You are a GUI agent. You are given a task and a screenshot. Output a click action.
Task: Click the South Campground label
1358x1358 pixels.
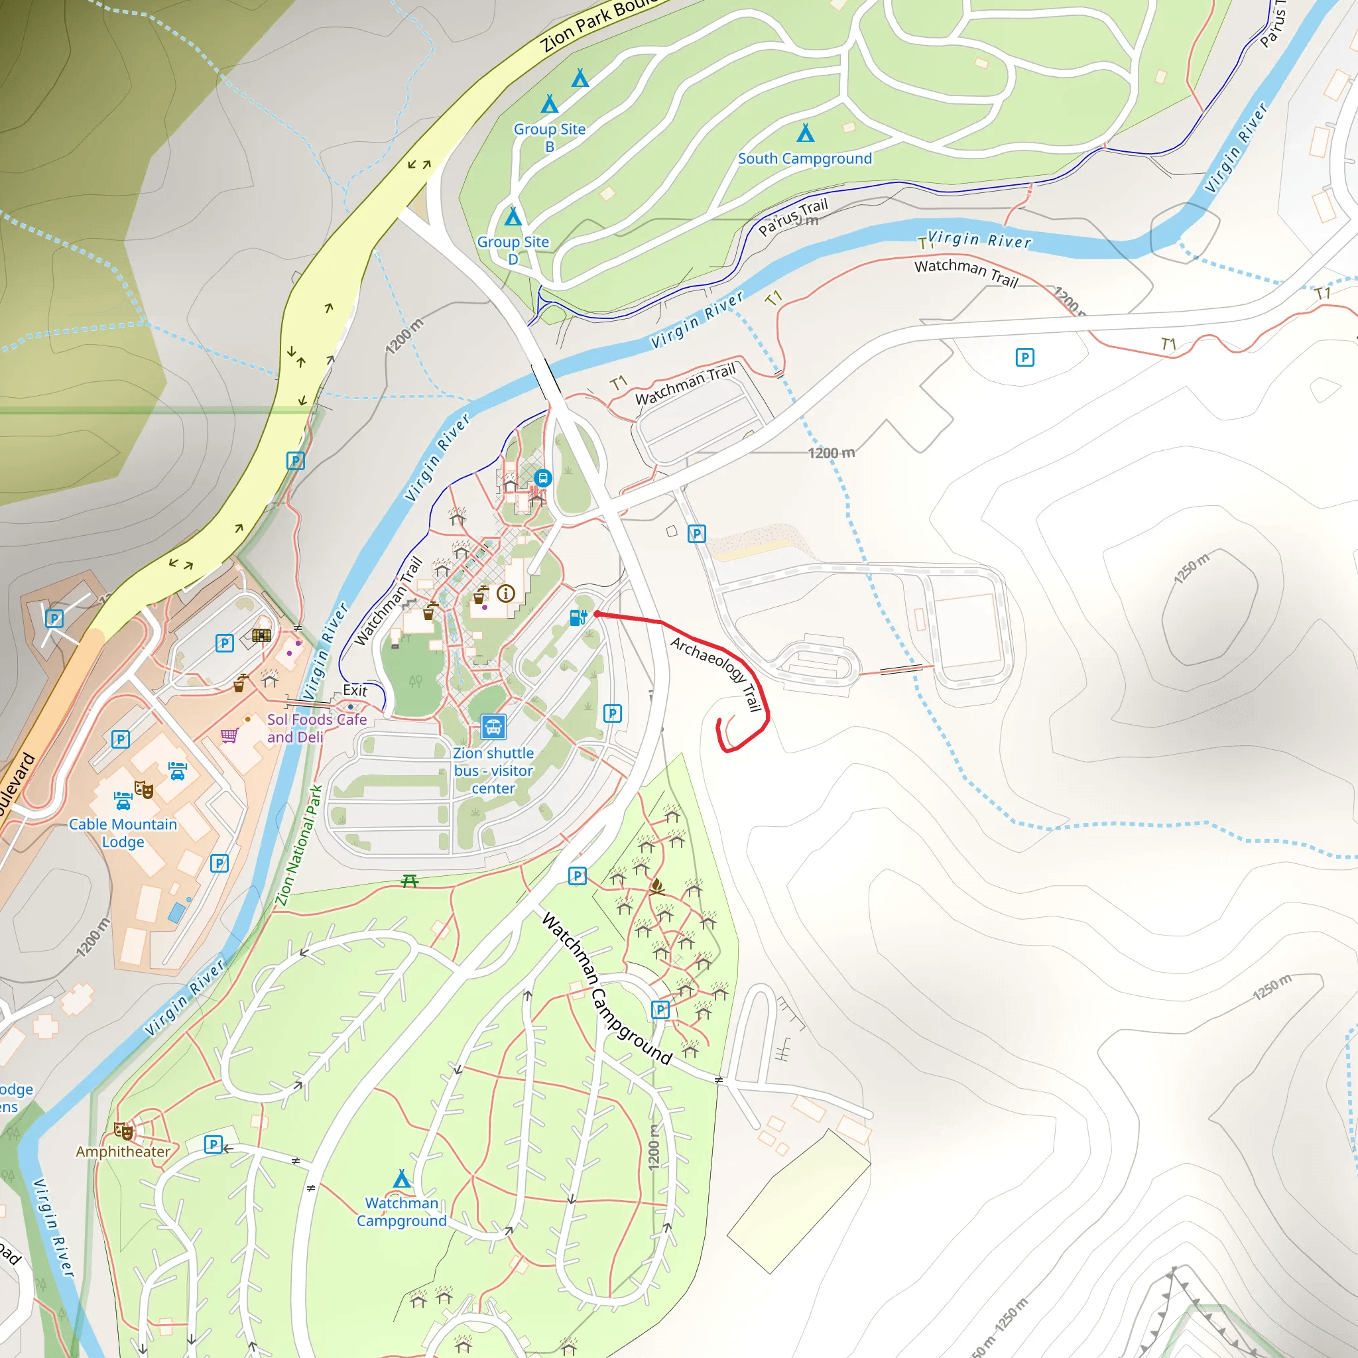tap(805, 159)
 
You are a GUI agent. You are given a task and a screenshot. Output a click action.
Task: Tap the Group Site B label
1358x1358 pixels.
tap(549, 137)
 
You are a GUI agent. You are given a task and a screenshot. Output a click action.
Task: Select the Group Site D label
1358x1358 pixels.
tap(513, 250)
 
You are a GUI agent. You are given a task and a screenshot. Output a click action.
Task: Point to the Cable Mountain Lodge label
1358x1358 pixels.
tap(123, 833)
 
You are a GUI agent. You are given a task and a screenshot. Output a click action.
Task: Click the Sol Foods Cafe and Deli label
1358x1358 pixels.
tap(316, 728)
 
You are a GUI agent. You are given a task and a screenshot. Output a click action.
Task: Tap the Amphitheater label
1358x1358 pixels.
tap(123, 1151)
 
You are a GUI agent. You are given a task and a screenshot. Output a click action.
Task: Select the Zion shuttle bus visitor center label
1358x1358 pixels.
tap(493, 771)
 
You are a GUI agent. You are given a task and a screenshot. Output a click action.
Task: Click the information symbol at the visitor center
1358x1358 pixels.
tap(505, 594)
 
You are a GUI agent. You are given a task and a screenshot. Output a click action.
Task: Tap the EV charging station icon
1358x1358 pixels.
tap(578, 618)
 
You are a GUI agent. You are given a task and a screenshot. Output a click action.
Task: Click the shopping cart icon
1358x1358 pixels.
tap(229, 736)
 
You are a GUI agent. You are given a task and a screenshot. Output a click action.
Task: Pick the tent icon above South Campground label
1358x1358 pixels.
tap(806, 133)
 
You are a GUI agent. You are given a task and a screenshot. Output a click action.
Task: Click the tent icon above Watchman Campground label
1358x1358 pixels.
tap(401, 1178)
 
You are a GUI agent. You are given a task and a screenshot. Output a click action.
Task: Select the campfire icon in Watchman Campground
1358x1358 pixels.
tap(657, 886)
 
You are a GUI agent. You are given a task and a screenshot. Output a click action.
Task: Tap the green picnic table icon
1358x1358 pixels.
tap(410, 881)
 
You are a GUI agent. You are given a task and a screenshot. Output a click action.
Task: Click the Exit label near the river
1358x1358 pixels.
tap(355, 690)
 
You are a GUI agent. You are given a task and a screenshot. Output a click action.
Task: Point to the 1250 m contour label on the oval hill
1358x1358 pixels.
tap(1192, 568)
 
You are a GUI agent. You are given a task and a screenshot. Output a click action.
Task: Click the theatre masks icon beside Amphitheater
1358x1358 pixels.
tap(124, 1131)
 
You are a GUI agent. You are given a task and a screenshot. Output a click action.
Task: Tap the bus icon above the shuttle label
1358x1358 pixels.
tap(493, 727)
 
